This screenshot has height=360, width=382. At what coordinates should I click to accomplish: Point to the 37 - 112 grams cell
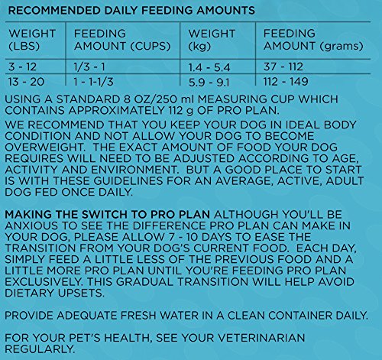(283, 67)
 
